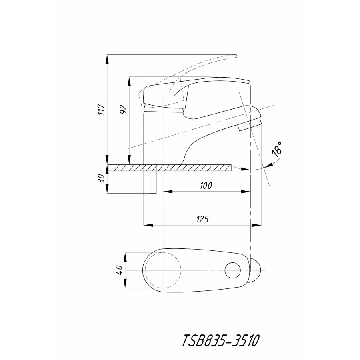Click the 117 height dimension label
(x=102, y=110)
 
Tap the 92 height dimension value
(x=124, y=110)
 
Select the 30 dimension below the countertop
(x=101, y=178)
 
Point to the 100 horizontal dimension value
(x=206, y=186)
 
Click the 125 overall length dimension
(x=202, y=219)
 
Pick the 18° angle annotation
(x=277, y=149)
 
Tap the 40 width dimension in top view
(x=120, y=270)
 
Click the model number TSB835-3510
(x=221, y=340)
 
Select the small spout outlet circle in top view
(x=232, y=270)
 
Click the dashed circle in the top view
(x=163, y=270)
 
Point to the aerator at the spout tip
(x=250, y=125)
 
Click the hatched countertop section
(x=170, y=168)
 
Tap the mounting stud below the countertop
(x=153, y=179)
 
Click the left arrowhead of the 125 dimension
(x=148, y=225)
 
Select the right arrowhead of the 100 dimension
(x=246, y=192)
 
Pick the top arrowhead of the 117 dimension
(x=107, y=60)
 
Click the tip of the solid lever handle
(x=249, y=82)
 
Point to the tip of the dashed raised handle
(x=236, y=55)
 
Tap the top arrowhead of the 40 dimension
(x=125, y=257)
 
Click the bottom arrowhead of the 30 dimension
(x=107, y=189)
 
